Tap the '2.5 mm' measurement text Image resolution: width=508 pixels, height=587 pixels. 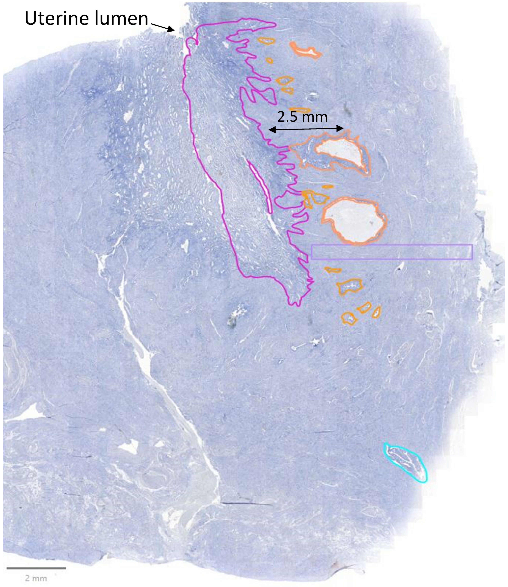(x=302, y=116)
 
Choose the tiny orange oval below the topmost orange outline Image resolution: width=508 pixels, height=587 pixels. (x=269, y=60)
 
